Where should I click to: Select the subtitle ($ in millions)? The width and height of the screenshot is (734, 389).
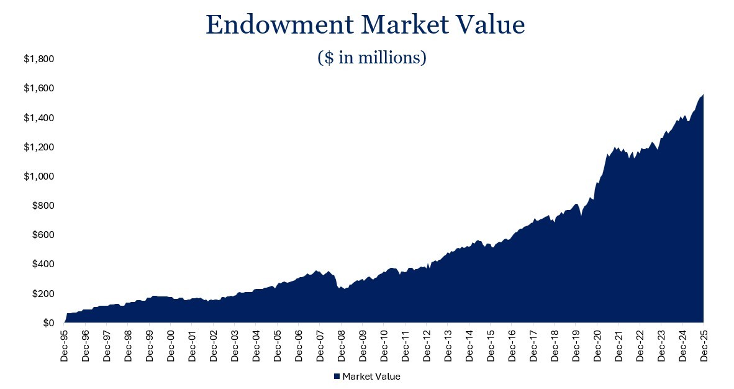click(371, 58)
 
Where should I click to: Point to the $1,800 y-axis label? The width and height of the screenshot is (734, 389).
click(39, 59)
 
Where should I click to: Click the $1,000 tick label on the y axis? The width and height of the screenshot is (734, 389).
click(39, 176)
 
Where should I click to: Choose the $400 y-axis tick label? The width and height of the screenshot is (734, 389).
click(42, 264)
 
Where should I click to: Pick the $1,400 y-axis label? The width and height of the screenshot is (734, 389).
click(39, 118)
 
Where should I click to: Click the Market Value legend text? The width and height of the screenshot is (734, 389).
click(371, 377)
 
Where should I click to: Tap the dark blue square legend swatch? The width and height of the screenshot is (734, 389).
click(337, 377)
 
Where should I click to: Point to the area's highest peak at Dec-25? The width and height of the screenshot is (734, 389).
click(702, 95)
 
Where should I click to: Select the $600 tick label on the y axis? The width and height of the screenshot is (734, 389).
click(42, 235)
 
